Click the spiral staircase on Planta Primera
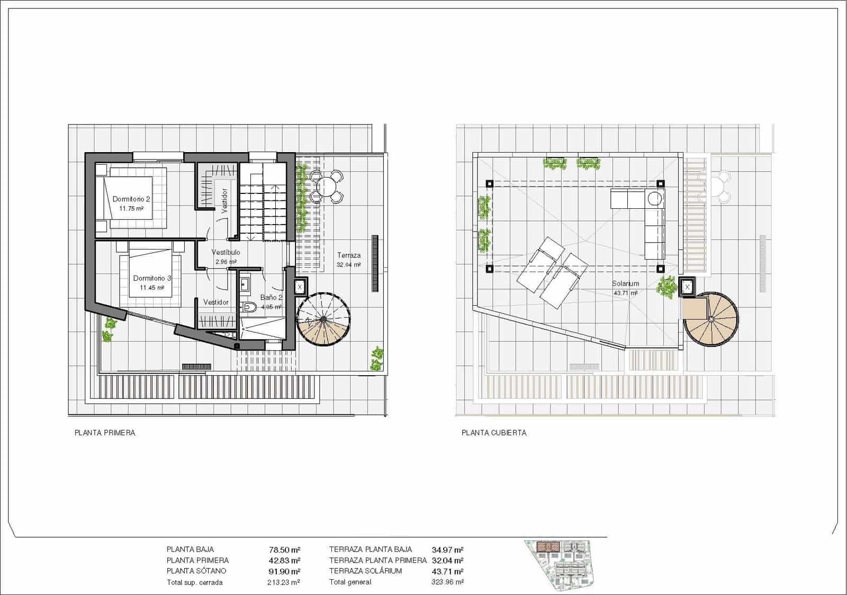[x=323, y=319]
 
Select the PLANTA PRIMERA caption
[x=105, y=433]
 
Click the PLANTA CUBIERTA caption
[x=494, y=433]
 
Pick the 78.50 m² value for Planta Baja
[x=284, y=550]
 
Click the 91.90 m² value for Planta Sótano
[x=284, y=571]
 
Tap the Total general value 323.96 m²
[x=448, y=582]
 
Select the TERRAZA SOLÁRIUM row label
[x=365, y=571]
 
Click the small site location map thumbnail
[x=562, y=564]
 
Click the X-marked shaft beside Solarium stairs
[x=687, y=287]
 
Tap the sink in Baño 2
[x=245, y=285]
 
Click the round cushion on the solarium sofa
[x=654, y=199]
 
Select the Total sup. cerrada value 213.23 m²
[x=283, y=582]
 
